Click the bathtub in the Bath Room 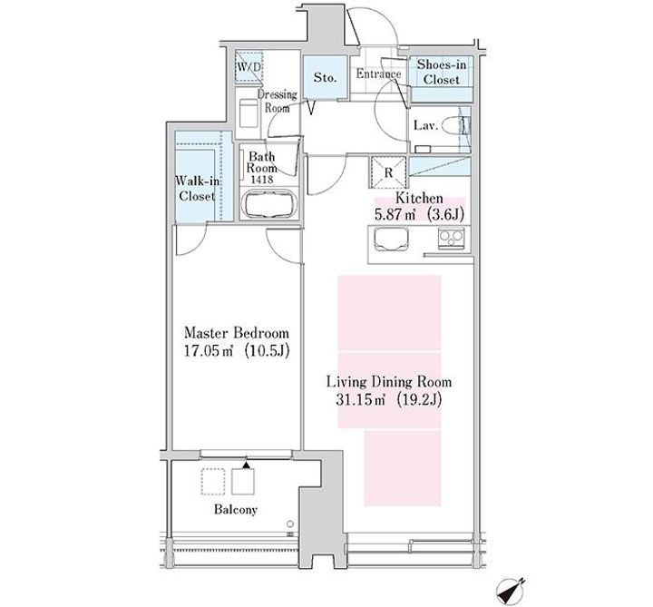268,204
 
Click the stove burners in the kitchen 451,238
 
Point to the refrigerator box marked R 388,172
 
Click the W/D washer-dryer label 249,66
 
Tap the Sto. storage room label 325,77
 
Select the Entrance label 378,74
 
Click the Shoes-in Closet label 442,72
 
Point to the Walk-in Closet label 197,189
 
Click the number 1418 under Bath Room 262,180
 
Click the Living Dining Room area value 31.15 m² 361,400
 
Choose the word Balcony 236,510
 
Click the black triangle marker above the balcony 247,465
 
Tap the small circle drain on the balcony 290,524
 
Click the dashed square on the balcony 213,482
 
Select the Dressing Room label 277,102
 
